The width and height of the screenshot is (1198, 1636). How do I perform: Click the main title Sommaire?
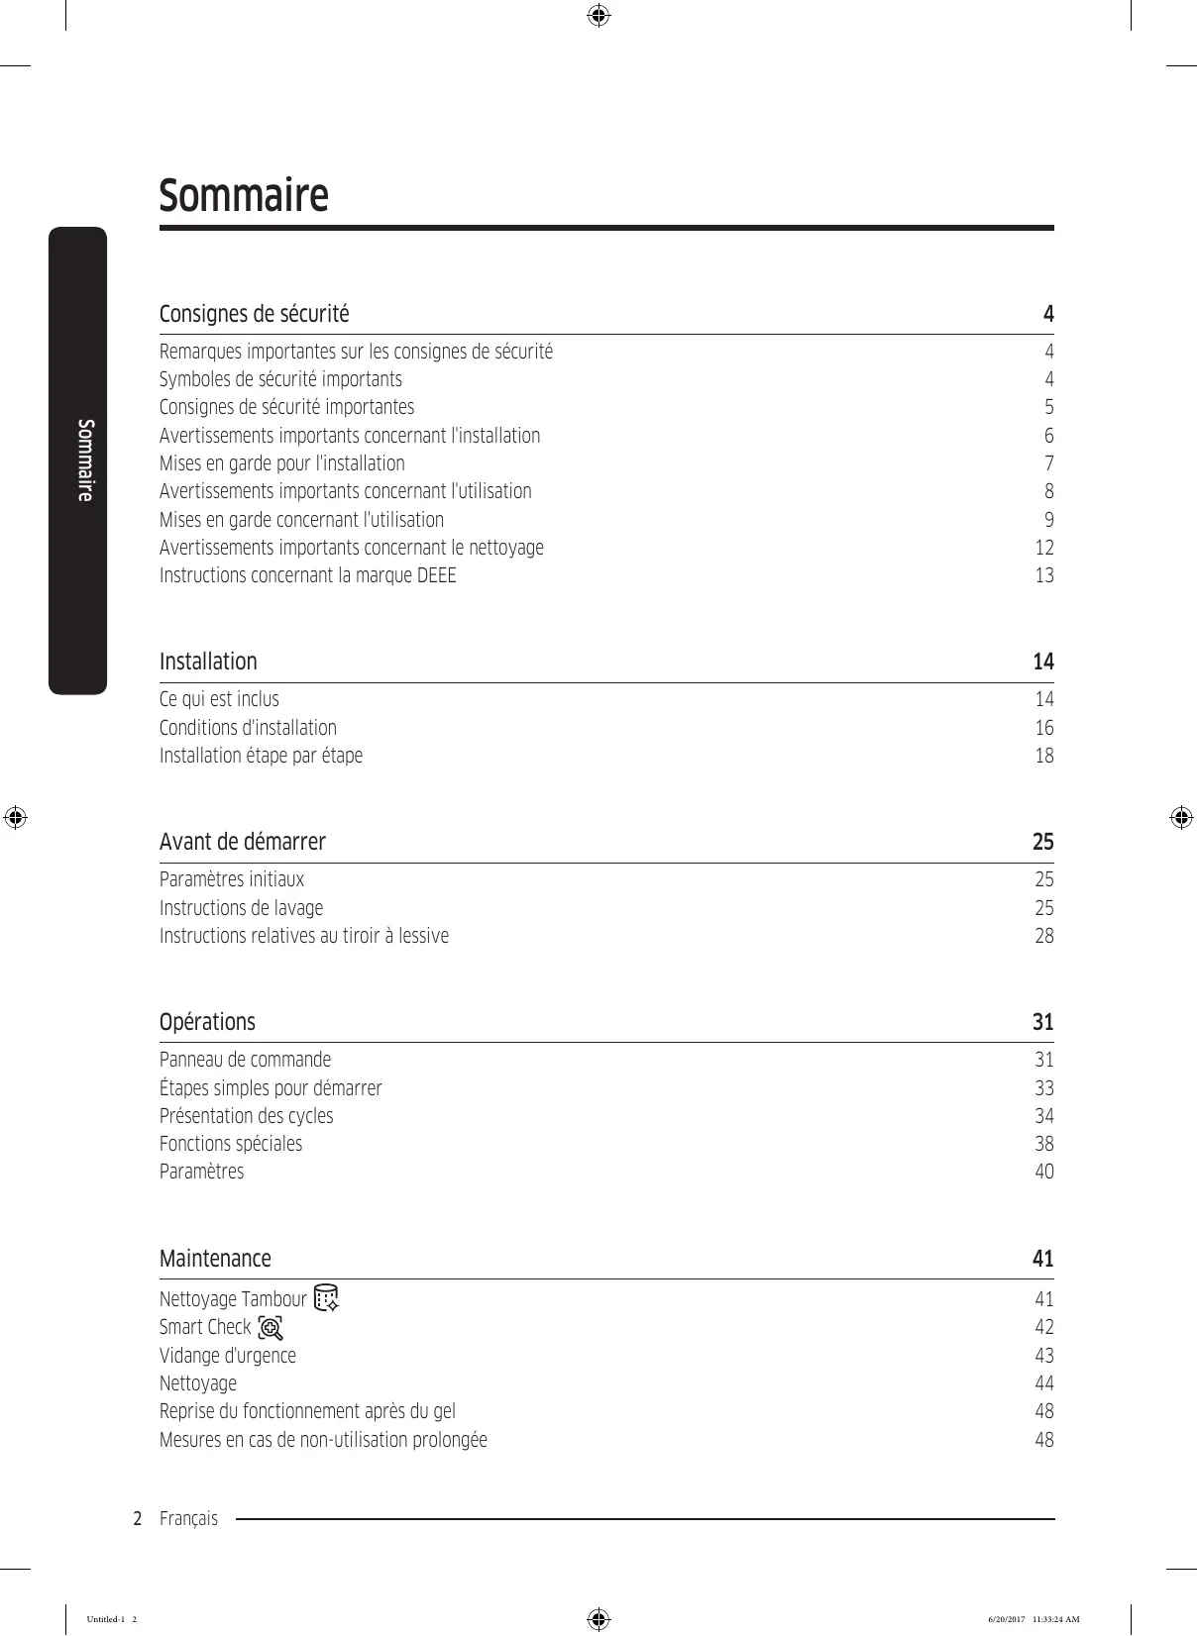(x=244, y=195)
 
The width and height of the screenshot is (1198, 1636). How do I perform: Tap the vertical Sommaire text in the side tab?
(x=86, y=460)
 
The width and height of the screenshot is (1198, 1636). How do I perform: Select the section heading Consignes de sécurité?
(x=255, y=314)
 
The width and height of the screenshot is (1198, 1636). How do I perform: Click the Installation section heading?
(x=208, y=662)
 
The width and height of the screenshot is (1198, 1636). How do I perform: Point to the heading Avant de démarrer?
(x=243, y=842)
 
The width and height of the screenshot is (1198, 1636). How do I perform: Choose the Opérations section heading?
(x=207, y=1022)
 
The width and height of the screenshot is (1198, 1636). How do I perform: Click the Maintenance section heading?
(x=215, y=1259)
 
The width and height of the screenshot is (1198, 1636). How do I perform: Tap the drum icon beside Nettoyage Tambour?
(x=326, y=1297)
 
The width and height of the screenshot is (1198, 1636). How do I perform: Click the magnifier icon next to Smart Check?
(x=271, y=1327)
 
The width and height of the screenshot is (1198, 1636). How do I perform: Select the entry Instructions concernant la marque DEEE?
(x=308, y=575)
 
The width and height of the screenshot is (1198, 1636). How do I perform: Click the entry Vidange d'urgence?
(x=228, y=1356)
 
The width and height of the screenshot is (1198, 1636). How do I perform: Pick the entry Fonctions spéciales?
(x=231, y=1144)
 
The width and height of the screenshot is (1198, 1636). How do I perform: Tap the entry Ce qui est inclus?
(x=219, y=699)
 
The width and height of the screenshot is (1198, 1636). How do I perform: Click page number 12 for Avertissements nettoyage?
(x=1044, y=548)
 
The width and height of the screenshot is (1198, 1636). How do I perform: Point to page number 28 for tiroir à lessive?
(x=1044, y=936)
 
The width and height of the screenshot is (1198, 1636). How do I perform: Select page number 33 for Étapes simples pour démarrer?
(x=1044, y=1088)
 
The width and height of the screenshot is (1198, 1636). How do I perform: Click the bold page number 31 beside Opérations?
(x=1042, y=1022)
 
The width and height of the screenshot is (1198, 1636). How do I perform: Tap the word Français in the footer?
(x=188, y=1519)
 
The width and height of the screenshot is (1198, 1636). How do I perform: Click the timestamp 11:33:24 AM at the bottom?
(x=1055, y=1620)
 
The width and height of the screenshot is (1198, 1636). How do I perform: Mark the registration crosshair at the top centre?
(x=599, y=16)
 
